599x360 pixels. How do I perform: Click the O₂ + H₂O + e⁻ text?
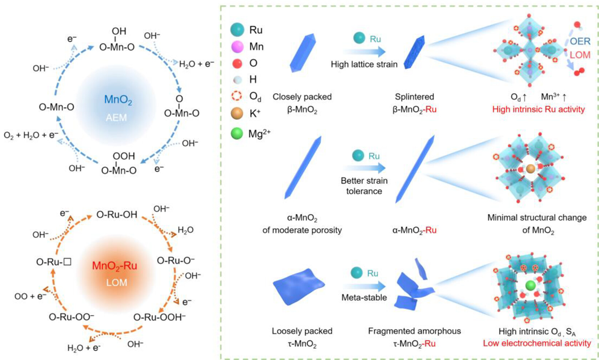(x=29, y=147)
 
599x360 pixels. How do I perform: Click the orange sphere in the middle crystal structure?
(x=530, y=169)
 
